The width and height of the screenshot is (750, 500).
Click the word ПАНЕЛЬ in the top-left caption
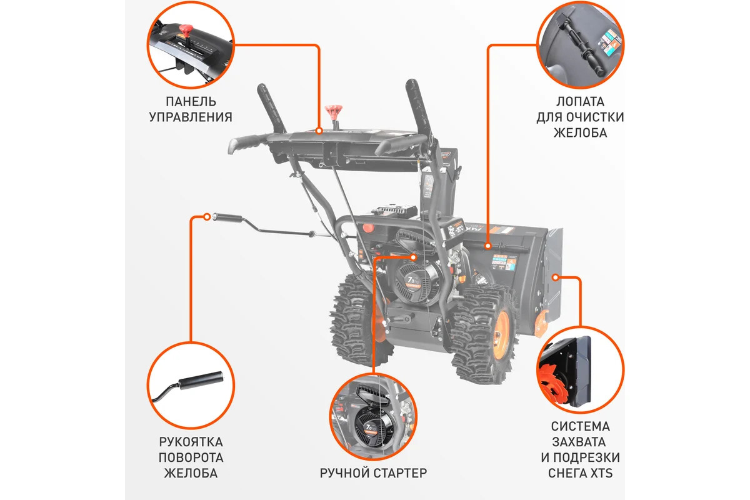tap(191, 101)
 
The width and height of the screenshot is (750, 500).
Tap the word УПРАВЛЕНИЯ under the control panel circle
tap(191, 117)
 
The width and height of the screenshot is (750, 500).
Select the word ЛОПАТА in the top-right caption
tap(580, 101)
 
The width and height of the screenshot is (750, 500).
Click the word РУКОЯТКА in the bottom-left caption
tap(191, 442)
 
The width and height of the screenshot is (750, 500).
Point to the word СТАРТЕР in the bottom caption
tap(400, 473)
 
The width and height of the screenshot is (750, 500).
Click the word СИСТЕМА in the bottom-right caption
tap(580, 426)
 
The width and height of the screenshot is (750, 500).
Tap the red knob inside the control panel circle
tap(185, 31)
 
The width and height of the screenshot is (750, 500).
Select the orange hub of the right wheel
tap(501, 331)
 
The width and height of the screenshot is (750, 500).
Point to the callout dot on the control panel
tap(319, 131)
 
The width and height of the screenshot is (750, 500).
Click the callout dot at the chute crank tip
tap(207, 217)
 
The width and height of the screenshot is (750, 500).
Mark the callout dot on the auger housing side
tap(556, 277)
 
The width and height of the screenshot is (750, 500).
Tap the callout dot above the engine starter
tap(414, 257)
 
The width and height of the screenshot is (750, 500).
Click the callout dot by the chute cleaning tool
tap(488, 246)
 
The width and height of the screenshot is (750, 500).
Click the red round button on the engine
tap(368, 227)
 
